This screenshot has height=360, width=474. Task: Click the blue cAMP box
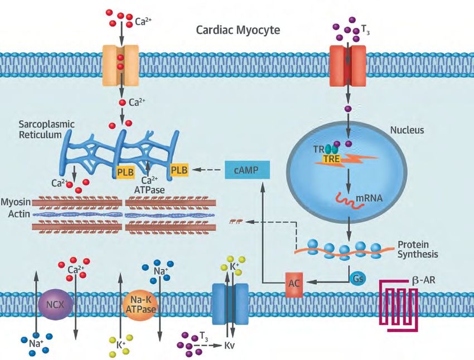247,170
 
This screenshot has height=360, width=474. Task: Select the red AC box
294,284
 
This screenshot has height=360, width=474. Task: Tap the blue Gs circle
357,278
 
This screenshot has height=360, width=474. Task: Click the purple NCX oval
55,304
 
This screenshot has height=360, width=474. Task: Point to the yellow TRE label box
332,159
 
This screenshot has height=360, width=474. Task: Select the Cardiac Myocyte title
238,30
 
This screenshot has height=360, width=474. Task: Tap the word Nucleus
407,130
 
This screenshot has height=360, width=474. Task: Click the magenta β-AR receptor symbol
399,305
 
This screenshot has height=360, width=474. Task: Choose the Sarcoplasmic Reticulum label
46,129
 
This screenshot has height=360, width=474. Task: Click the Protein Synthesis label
418,249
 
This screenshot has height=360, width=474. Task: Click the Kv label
229,345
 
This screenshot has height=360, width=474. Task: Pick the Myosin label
16,202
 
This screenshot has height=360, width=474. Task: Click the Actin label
19,214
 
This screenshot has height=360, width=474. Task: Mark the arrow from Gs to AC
327,282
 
